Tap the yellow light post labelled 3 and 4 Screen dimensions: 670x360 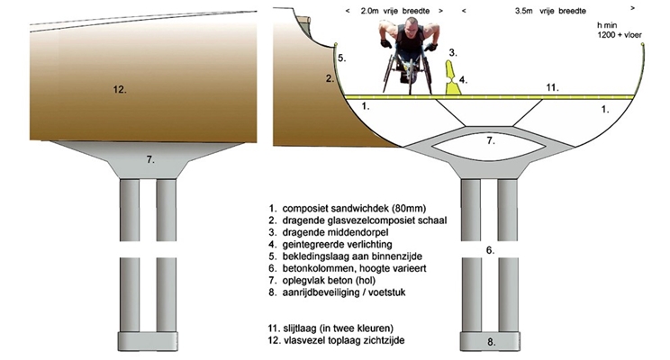pos(452,77)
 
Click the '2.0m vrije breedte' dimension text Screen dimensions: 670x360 pos(394,11)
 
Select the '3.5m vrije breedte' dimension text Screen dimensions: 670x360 pos(550,11)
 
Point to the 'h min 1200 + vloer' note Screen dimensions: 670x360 pos(620,30)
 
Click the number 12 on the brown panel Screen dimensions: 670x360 pos(120,90)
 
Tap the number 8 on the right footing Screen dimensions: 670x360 pos(492,342)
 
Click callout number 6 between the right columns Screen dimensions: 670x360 pos(490,250)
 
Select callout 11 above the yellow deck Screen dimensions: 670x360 pos(553,87)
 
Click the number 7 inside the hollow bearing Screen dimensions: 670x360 pos(491,140)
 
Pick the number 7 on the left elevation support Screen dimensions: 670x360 pos(150,159)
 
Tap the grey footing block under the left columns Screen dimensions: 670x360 pos(148,341)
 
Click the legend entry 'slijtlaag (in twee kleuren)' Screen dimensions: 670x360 pos(330,328)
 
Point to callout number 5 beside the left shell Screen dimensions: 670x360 pos(342,58)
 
